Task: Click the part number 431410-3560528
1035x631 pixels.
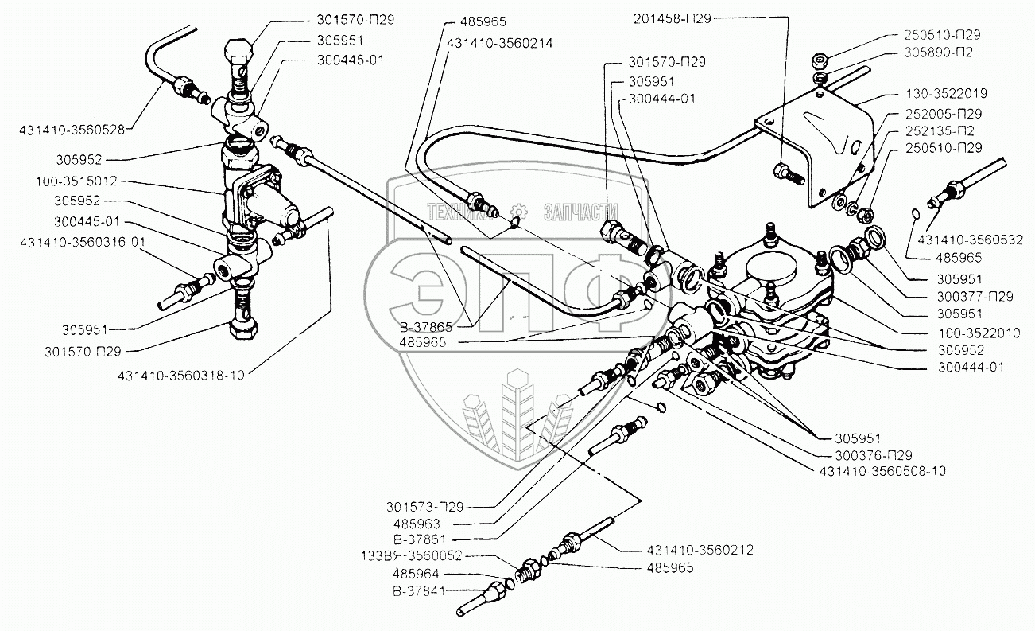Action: (x=72, y=130)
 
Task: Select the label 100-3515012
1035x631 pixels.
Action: (x=76, y=181)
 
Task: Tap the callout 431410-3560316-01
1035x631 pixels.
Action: (x=83, y=242)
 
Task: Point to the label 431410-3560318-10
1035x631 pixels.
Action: (x=181, y=375)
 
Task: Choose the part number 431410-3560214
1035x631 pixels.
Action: (x=499, y=43)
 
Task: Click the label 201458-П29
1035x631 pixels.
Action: (x=672, y=18)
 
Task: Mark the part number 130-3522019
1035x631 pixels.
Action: (x=946, y=93)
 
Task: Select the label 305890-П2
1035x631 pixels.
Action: (x=938, y=53)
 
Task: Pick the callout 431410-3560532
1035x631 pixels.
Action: (x=970, y=240)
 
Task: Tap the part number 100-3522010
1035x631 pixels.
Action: (x=979, y=333)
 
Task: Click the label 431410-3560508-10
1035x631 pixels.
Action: (x=882, y=471)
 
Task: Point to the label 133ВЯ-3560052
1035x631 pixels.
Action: (x=411, y=555)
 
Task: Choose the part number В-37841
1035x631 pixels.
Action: (x=419, y=591)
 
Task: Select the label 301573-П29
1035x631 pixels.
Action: (x=424, y=507)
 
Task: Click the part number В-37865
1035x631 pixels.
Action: (x=425, y=327)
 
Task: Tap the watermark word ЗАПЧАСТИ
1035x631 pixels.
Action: (x=581, y=212)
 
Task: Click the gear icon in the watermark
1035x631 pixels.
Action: (x=519, y=212)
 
